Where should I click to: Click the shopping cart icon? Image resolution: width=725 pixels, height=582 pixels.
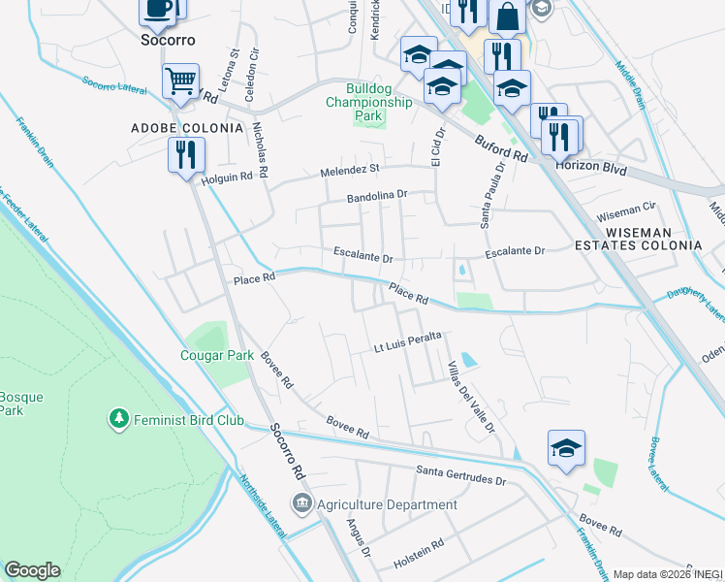[x=181, y=81]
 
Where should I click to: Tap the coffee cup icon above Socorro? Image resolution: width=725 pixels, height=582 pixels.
[x=158, y=10]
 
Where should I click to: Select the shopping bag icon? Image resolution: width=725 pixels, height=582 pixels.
[x=507, y=16]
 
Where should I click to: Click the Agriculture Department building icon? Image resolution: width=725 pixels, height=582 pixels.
[x=301, y=503]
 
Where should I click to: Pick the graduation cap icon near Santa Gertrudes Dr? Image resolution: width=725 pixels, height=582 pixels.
[x=566, y=448]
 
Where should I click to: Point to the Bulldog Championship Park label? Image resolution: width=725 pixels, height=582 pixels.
[x=368, y=101]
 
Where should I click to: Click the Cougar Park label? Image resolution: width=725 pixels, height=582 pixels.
[x=217, y=355]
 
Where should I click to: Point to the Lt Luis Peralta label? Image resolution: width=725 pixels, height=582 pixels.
[x=408, y=341]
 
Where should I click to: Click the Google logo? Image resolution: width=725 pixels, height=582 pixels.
[x=32, y=570]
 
